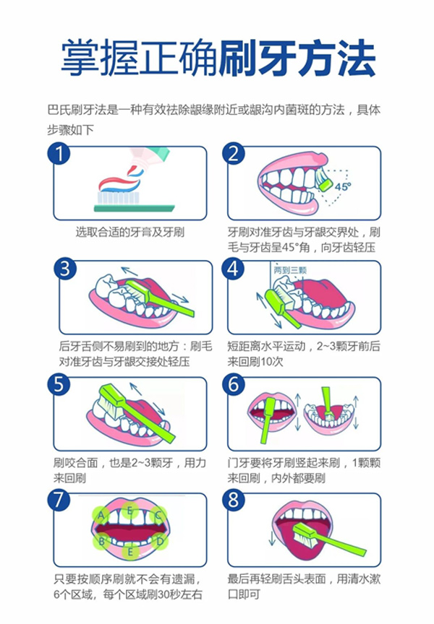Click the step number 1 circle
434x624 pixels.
59,153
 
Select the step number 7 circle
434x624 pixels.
59,500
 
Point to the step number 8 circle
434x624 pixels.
234,500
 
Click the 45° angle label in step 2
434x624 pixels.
342,186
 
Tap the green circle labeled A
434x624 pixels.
101,516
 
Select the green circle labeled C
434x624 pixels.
158,516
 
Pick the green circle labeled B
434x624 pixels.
101,541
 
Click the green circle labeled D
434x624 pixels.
159,541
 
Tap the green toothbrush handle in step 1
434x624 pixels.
135,208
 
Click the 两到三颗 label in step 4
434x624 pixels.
290,271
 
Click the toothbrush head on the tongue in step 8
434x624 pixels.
305,534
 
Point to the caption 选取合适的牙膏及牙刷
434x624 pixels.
130,232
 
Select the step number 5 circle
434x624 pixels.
59,384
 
